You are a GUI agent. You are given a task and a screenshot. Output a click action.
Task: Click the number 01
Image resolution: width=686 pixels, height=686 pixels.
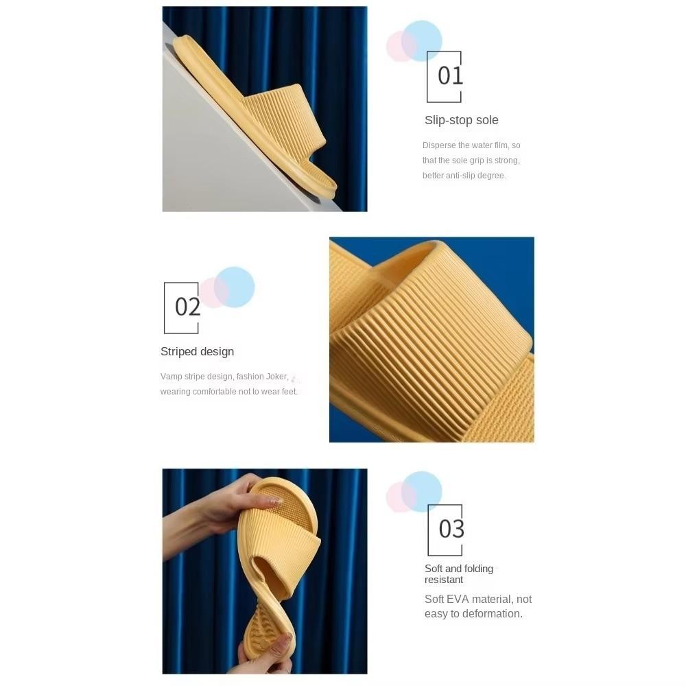point(450,75)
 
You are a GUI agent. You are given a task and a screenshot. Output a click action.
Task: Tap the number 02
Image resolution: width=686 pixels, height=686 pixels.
point(188,307)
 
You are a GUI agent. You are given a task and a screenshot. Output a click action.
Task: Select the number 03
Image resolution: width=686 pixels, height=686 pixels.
point(451,529)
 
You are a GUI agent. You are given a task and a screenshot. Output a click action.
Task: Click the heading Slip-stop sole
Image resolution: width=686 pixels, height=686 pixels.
point(461,120)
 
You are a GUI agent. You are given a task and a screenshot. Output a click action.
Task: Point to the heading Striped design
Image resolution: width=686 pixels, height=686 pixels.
point(197,352)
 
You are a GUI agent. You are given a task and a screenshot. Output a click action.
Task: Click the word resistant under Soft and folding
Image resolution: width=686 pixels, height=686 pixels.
point(444,580)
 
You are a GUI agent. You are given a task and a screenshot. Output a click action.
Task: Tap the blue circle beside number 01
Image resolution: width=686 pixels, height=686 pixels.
point(422,40)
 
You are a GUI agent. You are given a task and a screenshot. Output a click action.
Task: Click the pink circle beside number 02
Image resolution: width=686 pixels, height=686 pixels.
point(214,292)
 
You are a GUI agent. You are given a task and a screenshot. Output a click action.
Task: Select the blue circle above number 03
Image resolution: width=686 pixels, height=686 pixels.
point(422,491)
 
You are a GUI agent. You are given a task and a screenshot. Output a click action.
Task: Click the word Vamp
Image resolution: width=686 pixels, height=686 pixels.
point(171,377)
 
